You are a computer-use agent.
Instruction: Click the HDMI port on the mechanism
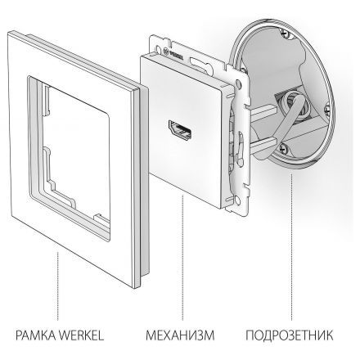click(x=181, y=130)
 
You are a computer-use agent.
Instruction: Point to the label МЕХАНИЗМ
click(x=180, y=335)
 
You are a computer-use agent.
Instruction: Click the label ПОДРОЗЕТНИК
click(x=290, y=335)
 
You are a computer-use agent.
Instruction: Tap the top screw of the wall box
click(x=286, y=34)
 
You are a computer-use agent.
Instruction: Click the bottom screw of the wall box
click(x=282, y=148)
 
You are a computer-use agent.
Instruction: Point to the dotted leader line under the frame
click(x=58, y=286)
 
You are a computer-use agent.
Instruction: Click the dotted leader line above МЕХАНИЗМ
click(x=182, y=257)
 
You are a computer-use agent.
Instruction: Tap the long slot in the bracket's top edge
click(x=200, y=61)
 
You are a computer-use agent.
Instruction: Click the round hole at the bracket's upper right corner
click(x=239, y=82)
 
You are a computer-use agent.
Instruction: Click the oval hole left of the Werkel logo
click(x=159, y=48)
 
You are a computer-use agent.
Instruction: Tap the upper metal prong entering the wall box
click(x=263, y=112)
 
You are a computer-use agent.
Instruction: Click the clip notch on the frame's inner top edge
click(x=47, y=99)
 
